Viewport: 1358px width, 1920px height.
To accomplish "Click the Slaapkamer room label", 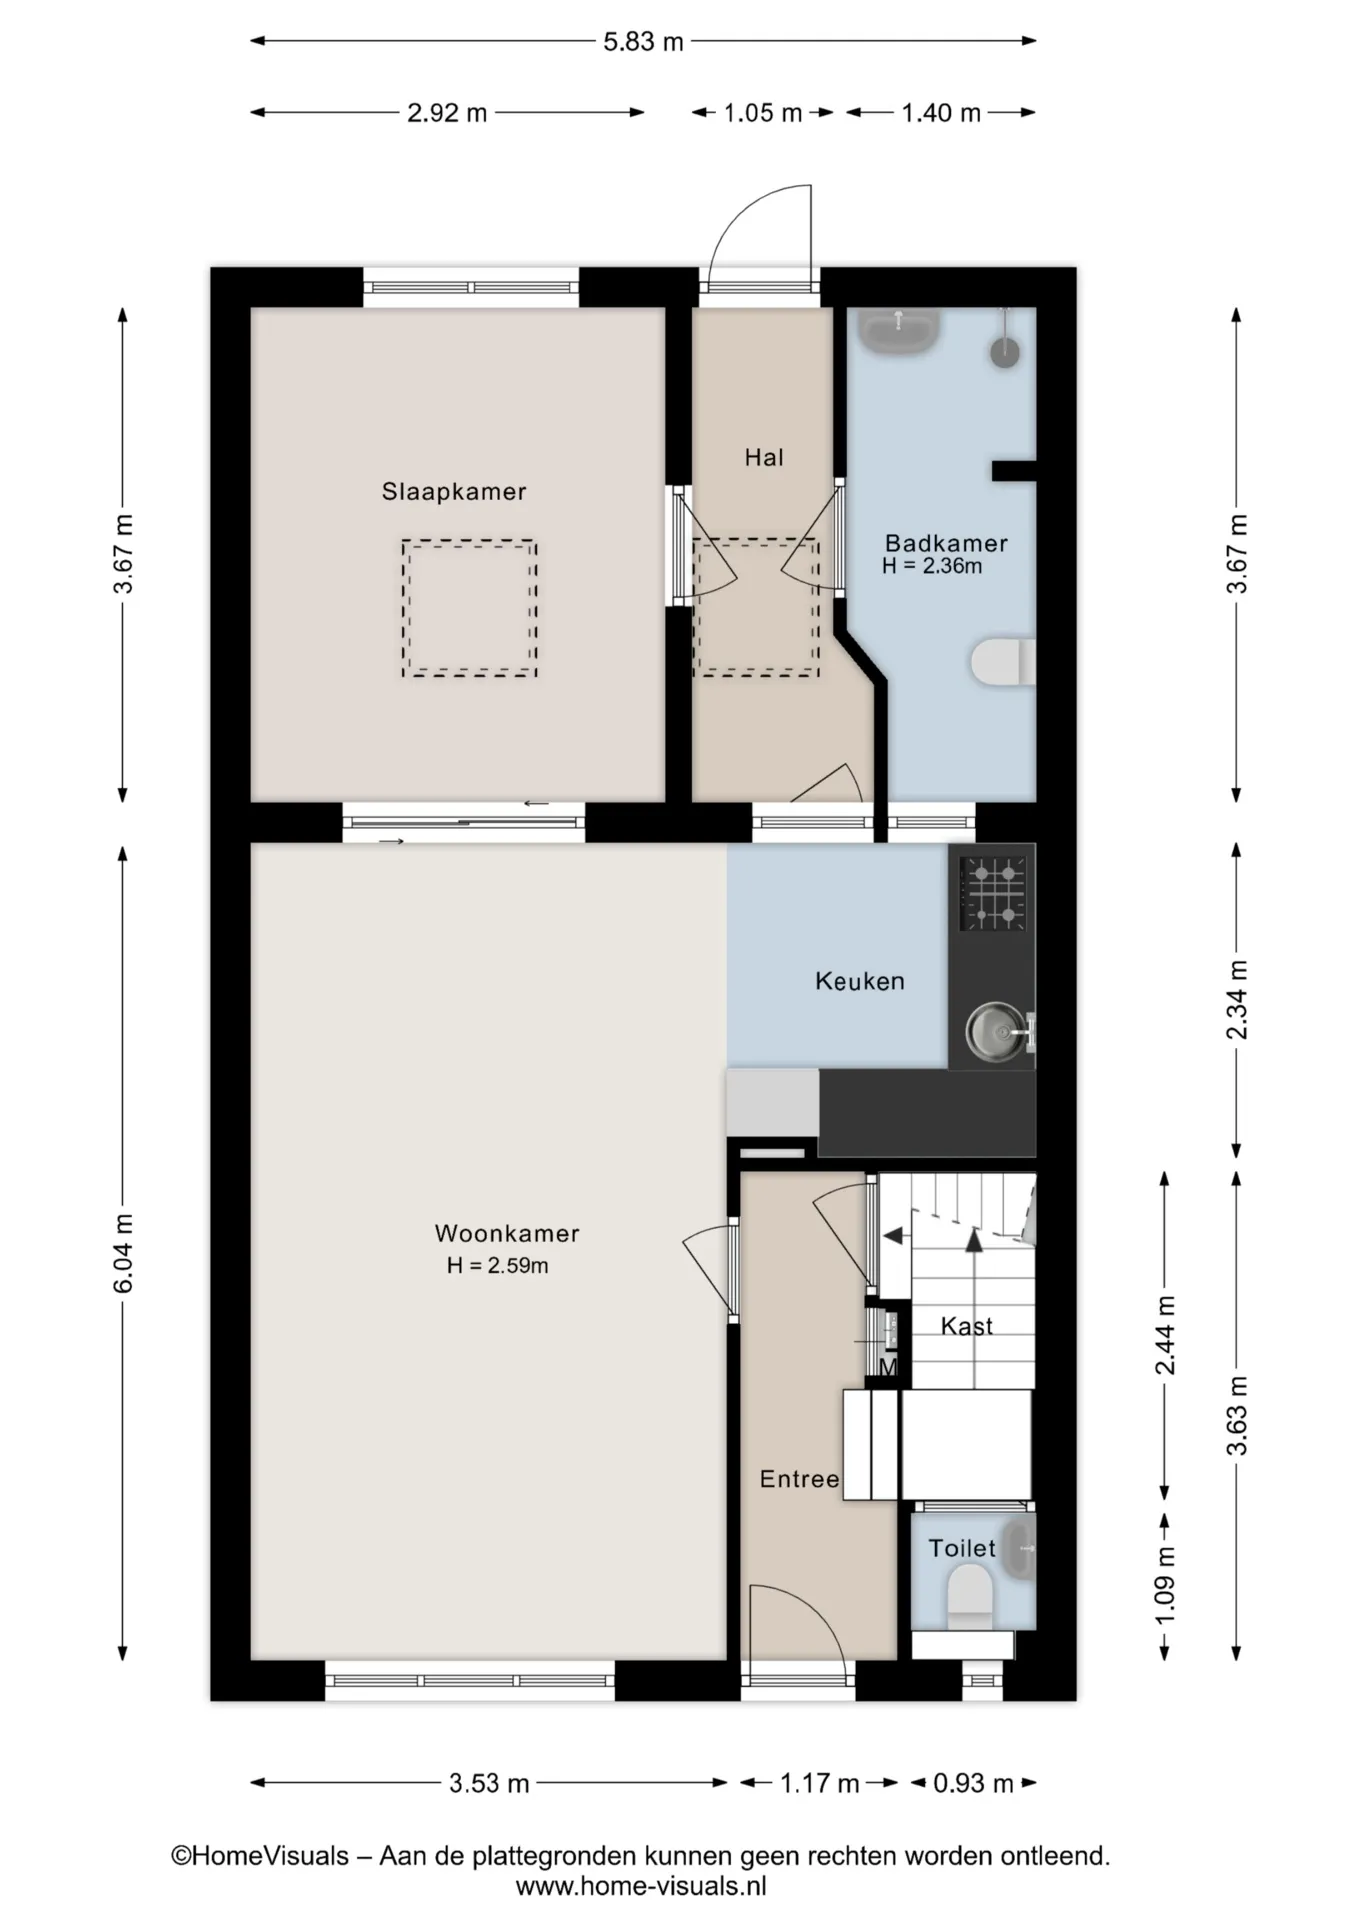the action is (x=453, y=491).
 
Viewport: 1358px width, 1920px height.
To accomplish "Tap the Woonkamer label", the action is (x=507, y=1233).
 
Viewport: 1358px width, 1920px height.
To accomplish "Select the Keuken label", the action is (x=860, y=981).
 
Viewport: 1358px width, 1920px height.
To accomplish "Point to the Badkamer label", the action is (x=946, y=543).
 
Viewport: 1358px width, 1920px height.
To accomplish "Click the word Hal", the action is (x=764, y=457).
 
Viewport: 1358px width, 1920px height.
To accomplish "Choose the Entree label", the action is (x=799, y=1479).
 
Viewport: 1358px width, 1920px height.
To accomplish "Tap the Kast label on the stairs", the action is (x=967, y=1326).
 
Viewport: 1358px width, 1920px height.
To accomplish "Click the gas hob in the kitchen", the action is (x=993, y=893).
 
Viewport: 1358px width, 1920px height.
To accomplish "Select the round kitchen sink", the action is (x=993, y=1029).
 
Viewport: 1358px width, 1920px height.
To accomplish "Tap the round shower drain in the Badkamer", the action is (x=1005, y=352).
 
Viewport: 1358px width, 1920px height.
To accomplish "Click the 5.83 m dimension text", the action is (x=643, y=42).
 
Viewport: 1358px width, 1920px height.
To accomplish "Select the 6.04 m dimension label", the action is (x=123, y=1253).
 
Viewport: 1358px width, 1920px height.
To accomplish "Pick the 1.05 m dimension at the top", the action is (x=763, y=113).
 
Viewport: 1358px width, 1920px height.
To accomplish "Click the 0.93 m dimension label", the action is (x=973, y=1783).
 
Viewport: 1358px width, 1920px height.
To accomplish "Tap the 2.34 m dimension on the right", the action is (x=1237, y=999).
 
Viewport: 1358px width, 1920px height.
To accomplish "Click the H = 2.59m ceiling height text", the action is (x=497, y=1265).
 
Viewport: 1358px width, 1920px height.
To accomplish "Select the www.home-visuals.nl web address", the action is (x=641, y=1886).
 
